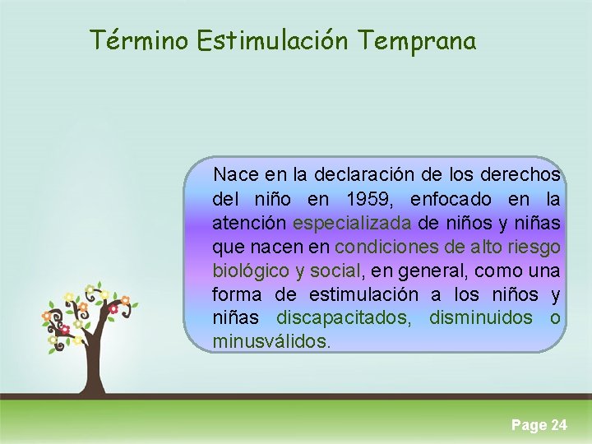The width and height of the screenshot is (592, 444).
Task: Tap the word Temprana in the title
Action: click(x=417, y=39)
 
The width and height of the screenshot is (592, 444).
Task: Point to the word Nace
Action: click(x=233, y=175)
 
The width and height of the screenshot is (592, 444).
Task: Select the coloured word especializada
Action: click(x=352, y=223)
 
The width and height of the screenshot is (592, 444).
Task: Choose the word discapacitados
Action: click(x=344, y=318)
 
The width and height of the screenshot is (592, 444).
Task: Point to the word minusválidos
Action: click(x=271, y=341)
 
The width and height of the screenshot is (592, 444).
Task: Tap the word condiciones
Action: click(x=385, y=247)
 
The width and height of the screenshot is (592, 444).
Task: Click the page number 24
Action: click(x=558, y=425)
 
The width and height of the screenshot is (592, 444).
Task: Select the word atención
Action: click(x=249, y=223)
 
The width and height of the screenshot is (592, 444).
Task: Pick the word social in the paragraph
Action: click(x=335, y=271)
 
